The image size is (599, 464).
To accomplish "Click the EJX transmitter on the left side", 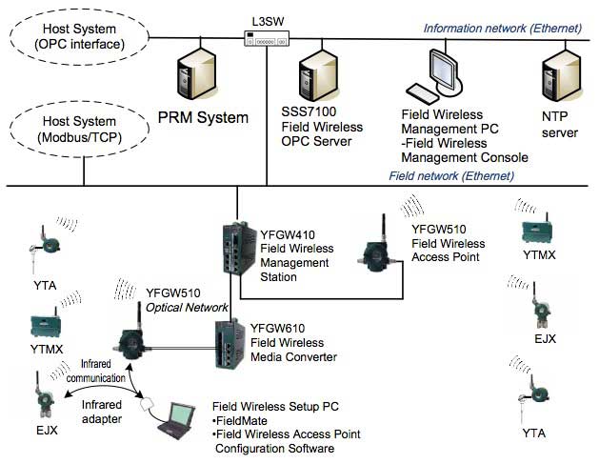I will [42, 399].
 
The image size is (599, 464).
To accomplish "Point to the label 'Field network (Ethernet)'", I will [451, 175].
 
